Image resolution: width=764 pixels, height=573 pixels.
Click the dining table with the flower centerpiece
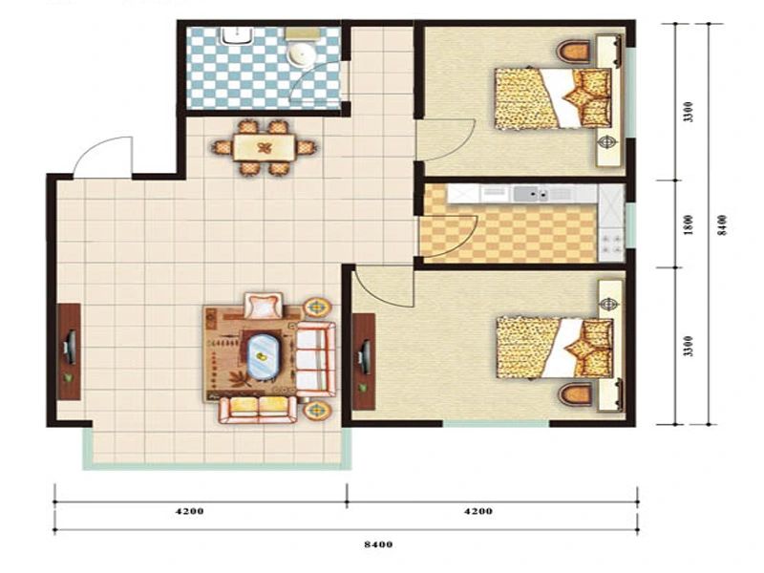(x=264, y=147)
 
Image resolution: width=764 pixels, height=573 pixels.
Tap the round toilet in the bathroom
(x=302, y=53)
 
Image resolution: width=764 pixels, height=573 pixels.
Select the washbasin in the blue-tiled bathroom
(x=237, y=36)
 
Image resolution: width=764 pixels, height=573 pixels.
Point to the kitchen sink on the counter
(x=531, y=195)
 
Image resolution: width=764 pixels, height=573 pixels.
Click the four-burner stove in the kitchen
(x=612, y=244)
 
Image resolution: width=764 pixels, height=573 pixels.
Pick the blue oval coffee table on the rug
(x=263, y=356)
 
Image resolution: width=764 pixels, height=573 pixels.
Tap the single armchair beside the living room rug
(x=264, y=306)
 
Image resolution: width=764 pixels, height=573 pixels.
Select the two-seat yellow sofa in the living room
(x=258, y=410)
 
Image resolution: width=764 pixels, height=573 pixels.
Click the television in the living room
(x=70, y=347)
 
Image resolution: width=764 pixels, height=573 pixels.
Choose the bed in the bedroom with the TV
(x=555, y=348)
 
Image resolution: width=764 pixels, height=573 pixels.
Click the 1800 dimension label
(x=688, y=224)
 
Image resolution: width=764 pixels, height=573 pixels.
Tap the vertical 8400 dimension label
(x=723, y=225)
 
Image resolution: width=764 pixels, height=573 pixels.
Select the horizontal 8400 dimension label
(x=378, y=544)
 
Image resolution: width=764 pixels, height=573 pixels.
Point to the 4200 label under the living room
(x=189, y=511)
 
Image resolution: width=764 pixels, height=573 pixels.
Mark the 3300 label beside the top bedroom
(x=688, y=112)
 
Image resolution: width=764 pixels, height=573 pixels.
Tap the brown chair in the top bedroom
(x=575, y=52)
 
